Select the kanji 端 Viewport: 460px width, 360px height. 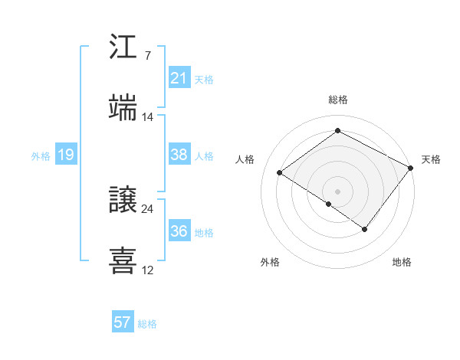tap(123, 108)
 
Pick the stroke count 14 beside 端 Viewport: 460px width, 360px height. tap(148, 117)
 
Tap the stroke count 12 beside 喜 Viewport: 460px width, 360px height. tap(148, 270)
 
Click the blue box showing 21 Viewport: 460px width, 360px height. tap(179, 78)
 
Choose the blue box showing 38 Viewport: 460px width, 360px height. tap(179, 155)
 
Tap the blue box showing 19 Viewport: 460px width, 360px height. tap(66, 155)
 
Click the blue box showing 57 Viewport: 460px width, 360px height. tap(123, 322)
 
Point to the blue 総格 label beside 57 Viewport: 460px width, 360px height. tap(147, 324)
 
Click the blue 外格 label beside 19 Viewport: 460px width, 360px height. tap(41, 156)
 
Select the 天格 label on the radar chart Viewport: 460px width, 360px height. tap(431, 159)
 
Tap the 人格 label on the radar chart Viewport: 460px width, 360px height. tap(245, 159)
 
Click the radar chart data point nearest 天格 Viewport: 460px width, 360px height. tap(411, 168)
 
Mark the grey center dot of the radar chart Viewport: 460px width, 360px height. tap(337, 191)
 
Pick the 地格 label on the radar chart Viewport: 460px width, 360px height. tap(402, 263)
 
